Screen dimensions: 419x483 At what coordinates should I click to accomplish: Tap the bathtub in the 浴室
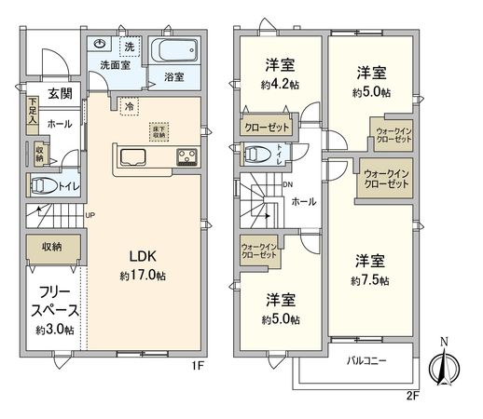[173, 51]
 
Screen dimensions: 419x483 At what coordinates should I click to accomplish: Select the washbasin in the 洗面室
[100, 45]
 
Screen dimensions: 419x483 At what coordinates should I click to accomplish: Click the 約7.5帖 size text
[370, 279]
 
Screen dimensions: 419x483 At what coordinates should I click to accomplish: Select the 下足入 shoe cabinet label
[32, 109]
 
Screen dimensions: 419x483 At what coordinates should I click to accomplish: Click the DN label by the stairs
[287, 184]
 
